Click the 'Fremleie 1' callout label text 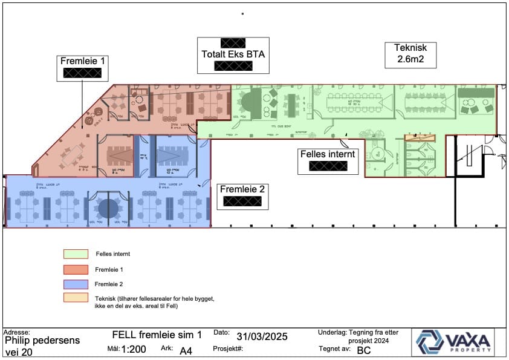coord(83,61)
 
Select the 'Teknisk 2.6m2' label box coord(410,54)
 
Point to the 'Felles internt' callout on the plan coord(329,154)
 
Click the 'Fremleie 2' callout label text coord(242,189)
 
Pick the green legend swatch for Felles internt coord(76,254)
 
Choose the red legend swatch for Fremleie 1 coord(76,269)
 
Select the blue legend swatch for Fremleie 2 coord(76,284)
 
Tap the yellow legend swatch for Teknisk coord(76,298)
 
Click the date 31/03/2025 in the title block coord(262,336)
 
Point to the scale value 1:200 coord(134,349)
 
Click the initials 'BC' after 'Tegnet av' coord(364,350)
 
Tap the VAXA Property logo coord(453,342)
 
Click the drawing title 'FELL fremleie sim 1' coord(157,335)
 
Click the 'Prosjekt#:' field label coord(228,349)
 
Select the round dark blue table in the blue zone coord(108,208)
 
